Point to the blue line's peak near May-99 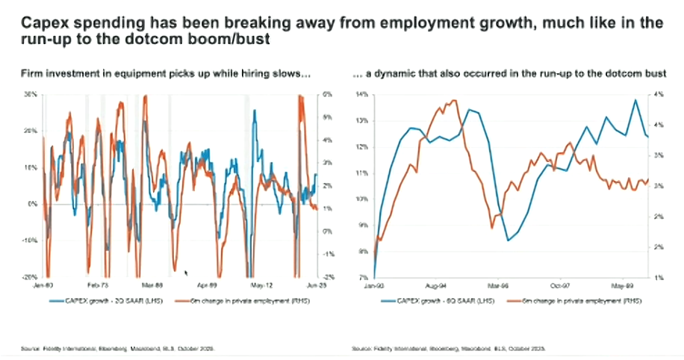click(635, 100)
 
